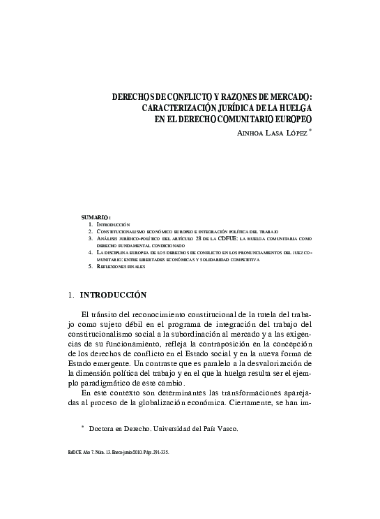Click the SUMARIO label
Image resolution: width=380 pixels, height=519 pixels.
tap(96, 217)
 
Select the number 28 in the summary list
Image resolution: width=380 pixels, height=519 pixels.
tap(208, 238)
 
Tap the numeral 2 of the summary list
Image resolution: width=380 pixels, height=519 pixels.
tap(91, 231)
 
